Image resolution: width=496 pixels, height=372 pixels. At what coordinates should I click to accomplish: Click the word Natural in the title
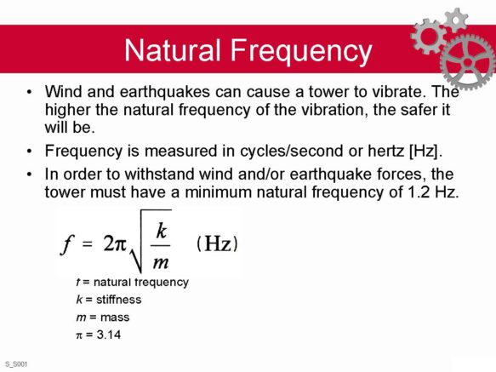point(172,49)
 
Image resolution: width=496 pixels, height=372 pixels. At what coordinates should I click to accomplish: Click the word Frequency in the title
point(301,52)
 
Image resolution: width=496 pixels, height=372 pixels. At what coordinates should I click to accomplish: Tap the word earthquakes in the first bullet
point(165,92)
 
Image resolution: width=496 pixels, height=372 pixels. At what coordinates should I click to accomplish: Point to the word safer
point(413,110)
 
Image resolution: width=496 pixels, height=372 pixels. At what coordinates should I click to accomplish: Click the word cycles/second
point(291,151)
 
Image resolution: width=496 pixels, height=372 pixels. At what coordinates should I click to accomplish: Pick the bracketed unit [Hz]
point(425,151)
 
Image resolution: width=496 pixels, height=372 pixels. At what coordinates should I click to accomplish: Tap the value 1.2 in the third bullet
point(419,192)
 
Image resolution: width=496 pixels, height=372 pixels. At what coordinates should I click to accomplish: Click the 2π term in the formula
point(115,243)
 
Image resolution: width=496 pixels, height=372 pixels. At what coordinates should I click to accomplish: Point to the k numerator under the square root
point(161,231)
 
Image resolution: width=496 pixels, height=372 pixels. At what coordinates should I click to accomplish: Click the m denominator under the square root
point(161,262)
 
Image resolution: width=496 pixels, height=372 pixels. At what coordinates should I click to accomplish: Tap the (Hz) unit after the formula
point(217,243)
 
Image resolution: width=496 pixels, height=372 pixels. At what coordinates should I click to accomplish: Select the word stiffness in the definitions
point(118,300)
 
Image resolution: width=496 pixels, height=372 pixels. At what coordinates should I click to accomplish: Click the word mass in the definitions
point(115,318)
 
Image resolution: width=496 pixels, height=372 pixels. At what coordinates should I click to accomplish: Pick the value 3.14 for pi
point(109,335)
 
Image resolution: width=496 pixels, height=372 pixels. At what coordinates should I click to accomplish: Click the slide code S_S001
point(16,364)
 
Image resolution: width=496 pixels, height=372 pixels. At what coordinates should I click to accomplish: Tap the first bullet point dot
point(30,92)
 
